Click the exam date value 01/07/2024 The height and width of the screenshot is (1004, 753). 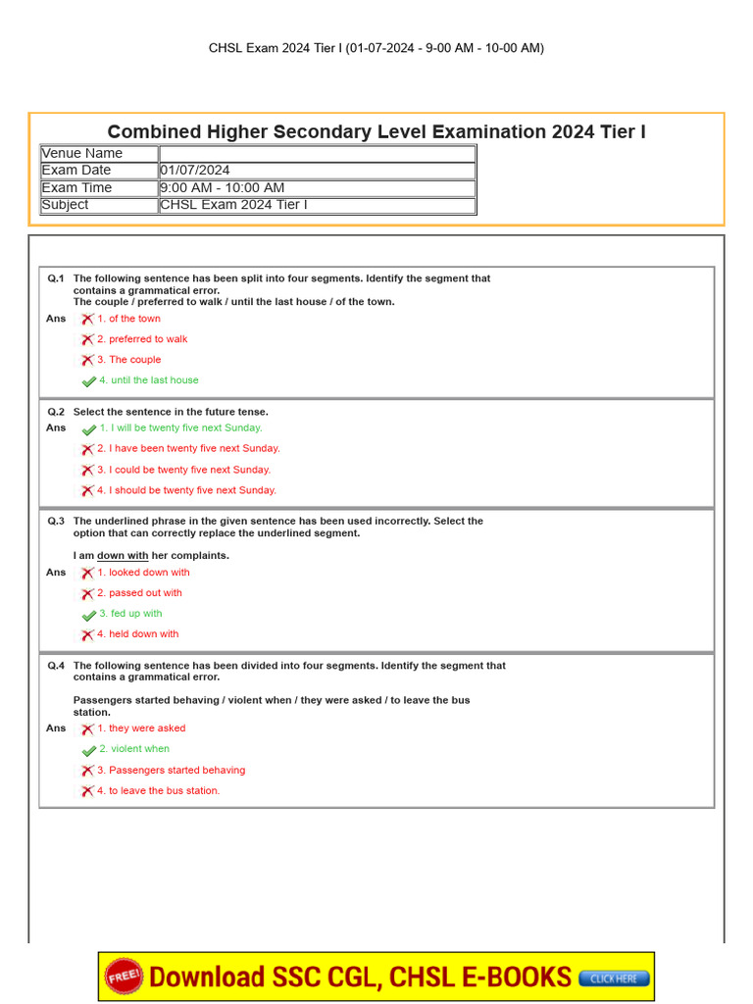pos(196,171)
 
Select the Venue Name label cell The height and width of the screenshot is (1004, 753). pos(82,153)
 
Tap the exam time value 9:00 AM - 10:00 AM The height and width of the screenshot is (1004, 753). pos(223,188)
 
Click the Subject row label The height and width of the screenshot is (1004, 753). pos(66,205)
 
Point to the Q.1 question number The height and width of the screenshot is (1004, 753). pos(56,278)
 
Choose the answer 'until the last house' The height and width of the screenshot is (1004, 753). pos(154,380)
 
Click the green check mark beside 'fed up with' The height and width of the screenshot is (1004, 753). pos(89,615)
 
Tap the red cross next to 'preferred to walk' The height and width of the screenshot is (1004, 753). pos(87,339)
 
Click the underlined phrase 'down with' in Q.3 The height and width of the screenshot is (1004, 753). pos(123,556)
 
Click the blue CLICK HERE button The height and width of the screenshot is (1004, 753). pos(614,978)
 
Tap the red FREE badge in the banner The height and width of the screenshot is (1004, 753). pos(125,977)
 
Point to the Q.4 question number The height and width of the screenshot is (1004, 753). pos(56,666)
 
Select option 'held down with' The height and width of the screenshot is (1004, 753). pos(143,634)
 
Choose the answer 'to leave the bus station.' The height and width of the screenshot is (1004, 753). pos(164,790)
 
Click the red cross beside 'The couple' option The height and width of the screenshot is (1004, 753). pos(87,360)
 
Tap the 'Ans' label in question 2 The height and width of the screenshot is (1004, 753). pos(56,428)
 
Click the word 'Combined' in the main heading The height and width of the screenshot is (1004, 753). pos(147,131)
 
